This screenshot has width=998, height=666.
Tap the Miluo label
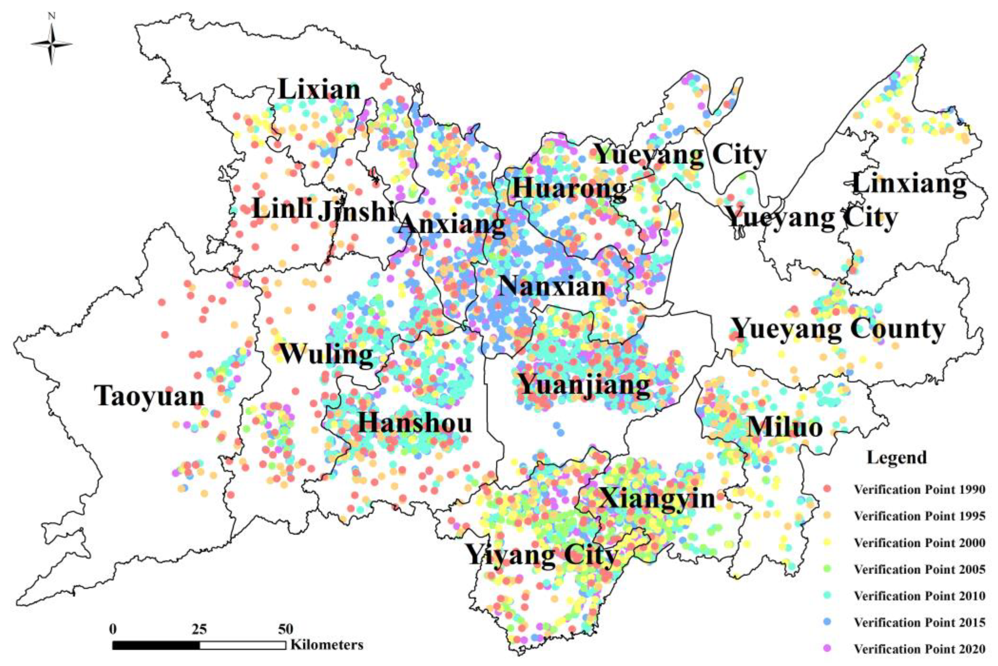click(785, 427)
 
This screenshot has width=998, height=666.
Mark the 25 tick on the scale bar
click(200, 629)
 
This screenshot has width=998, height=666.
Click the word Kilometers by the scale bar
click(327, 645)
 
